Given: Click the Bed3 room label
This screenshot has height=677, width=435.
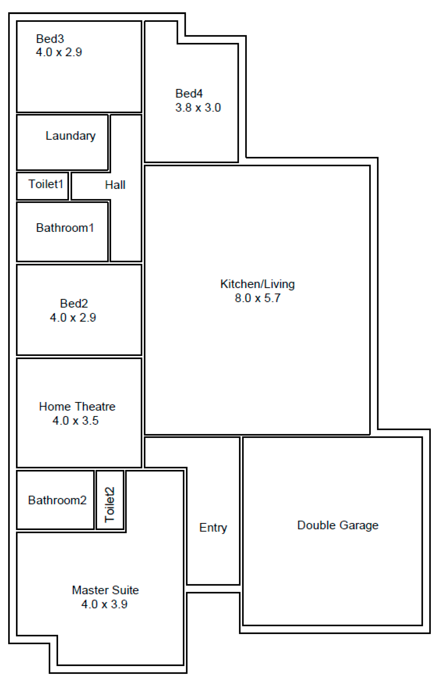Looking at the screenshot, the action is point(50,39).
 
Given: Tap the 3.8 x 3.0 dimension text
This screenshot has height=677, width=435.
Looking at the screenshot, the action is point(198,107).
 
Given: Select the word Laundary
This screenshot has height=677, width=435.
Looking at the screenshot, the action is point(71,136).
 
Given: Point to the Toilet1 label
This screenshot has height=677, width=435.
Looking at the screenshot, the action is point(46,184).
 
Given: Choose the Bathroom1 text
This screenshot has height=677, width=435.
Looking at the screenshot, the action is point(65,228).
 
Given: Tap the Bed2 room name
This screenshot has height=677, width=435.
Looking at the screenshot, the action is point(74,303).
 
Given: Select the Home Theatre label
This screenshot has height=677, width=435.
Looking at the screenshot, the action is point(77,407).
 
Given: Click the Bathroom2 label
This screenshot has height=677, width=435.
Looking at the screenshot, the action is point(57,500).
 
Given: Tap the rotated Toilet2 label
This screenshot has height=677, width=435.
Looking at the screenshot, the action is point(110,505).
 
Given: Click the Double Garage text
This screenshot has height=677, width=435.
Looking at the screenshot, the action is point(338,525).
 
